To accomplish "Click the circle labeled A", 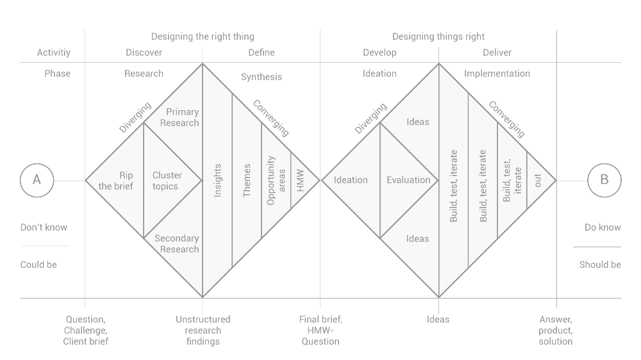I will point(37,180).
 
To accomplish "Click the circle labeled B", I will point(604,180).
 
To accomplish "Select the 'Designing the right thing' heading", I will point(203,37).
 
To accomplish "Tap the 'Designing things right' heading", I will point(438,37).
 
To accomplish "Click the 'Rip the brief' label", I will point(117,181).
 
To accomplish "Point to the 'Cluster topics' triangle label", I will point(167,181).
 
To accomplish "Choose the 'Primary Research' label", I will point(179,117).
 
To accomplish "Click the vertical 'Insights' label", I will point(217,180).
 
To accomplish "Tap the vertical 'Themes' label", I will point(247,180).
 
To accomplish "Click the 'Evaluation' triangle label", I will point(408,180).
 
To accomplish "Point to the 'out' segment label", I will point(538,180).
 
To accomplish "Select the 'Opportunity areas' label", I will point(276,180).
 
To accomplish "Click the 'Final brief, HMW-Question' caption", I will point(320,330).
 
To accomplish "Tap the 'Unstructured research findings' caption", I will point(203,330).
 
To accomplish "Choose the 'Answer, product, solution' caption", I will point(556,330).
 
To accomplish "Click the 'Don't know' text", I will point(44,227).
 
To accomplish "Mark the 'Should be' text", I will point(600,265).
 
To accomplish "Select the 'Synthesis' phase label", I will point(262,77).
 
